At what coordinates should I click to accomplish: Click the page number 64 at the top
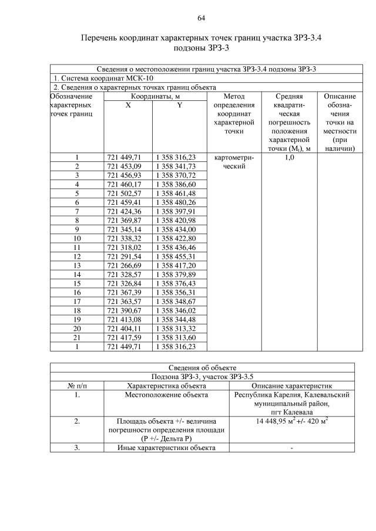[201, 18]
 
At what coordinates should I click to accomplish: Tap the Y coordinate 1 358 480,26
[176, 202]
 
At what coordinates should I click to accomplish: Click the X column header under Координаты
[127, 105]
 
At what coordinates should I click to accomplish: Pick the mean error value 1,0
[289, 157]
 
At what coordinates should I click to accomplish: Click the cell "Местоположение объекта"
[166, 395]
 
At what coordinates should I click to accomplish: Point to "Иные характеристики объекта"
[166, 448]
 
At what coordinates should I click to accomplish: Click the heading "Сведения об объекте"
[202, 368]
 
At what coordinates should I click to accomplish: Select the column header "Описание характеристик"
[292, 385]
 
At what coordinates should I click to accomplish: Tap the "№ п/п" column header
[76, 385]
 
